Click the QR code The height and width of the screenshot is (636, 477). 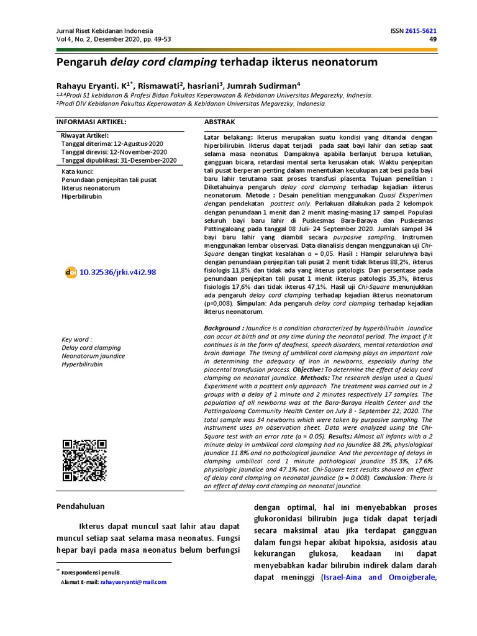pyautogui.click(x=84, y=460)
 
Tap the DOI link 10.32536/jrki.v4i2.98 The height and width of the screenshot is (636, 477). pyautogui.click(x=118, y=272)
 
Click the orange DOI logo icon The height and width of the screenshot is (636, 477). pyautogui.click(x=70, y=272)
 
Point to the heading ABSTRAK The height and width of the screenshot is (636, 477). pyautogui.click(x=220, y=122)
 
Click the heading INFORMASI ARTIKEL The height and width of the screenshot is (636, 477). pyautogui.click(x=91, y=122)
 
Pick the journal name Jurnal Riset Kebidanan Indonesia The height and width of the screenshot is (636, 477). pyautogui.click(x=104, y=31)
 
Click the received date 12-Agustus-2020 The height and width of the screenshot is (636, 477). pyautogui.click(x=138, y=143)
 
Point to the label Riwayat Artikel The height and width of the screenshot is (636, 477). pyautogui.click(x=85, y=135)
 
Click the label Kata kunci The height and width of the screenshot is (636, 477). pyautogui.click(x=78, y=171)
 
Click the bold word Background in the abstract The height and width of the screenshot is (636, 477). pyautogui.click(x=223, y=328)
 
